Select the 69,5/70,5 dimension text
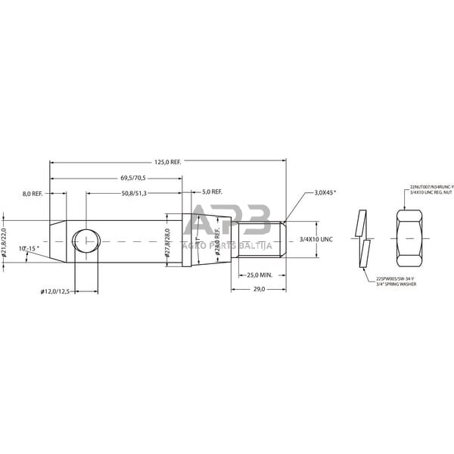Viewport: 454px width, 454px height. [x=132, y=178]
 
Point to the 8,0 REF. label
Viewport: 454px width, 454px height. [x=33, y=194]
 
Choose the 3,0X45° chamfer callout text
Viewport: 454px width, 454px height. [x=325, y=193]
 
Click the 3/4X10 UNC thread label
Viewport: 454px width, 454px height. [x=316, y=239]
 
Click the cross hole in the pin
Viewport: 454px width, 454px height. [x=85, y=241]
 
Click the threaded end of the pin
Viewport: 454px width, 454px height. [x=261, y=239]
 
